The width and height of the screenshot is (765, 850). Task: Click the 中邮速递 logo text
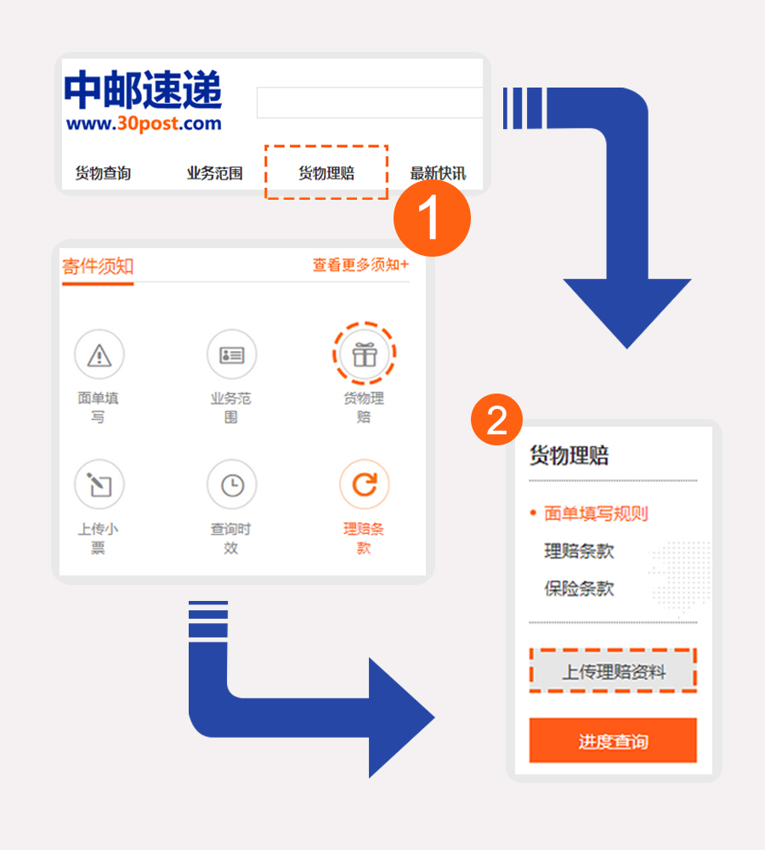[143, 89]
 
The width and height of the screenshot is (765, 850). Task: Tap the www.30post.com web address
[144, 123]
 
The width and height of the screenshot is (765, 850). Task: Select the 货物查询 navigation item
[103, 173]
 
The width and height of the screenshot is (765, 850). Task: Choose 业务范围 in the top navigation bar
[215, 173]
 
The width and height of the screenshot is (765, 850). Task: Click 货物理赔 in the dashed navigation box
[326, 173]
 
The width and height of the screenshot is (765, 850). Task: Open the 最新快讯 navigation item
[438, 173]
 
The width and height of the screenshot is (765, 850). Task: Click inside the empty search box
[370, 103]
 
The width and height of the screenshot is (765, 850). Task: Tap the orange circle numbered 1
[432, 218]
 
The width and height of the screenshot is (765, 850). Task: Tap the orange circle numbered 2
[496, 420]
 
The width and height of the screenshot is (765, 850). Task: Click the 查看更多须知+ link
[360, 264]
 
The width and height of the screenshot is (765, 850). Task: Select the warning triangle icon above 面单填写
[99, 354]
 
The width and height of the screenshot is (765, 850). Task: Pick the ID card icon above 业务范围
[231, 354]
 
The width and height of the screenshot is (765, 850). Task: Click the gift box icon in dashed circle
[365, 354]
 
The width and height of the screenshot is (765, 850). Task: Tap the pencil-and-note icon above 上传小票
[99, 484]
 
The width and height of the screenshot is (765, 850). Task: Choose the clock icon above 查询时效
[231, 484]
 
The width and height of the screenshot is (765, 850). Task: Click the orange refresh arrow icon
[365, 484]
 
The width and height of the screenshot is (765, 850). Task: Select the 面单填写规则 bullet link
[596, 513]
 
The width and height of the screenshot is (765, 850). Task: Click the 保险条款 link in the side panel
[579, 588]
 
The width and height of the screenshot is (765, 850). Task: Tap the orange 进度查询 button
[613, 740]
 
